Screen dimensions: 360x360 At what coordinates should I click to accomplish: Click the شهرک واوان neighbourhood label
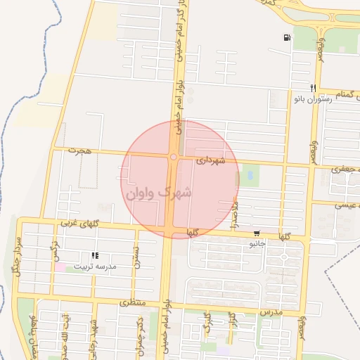point(161,191)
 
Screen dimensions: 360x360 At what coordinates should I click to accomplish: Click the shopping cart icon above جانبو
point(257,234)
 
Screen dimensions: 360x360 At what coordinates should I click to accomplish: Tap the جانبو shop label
point(257,244)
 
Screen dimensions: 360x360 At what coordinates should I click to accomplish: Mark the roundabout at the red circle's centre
point(173,157)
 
